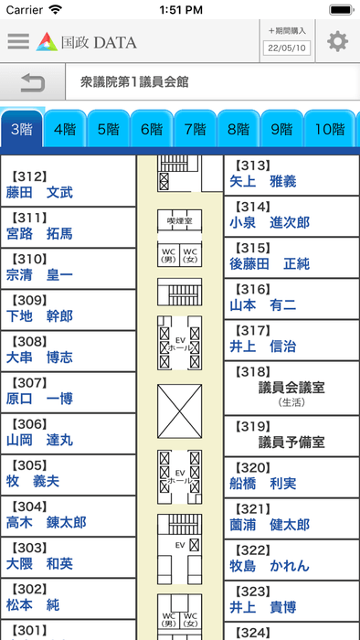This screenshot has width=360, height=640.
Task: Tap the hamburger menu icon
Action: point(17,41)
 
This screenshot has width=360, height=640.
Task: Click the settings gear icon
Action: point(338,41)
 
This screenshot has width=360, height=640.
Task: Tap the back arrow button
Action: point(32,83)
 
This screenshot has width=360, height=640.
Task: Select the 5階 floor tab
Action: point(109,129)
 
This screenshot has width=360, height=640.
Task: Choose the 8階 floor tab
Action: point(238,129)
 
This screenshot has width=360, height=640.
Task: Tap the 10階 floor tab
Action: point(328,129)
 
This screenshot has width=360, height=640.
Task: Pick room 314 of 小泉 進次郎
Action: point(291,215)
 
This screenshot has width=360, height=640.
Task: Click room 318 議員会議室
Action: point(291,379)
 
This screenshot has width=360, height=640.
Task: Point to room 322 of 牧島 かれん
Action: point(291,558)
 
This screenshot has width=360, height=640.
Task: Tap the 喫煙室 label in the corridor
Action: point(178,221)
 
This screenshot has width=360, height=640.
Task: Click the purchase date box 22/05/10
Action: point(288,48)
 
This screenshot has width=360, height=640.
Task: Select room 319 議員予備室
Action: point(291,434)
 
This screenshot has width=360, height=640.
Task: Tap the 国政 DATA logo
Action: point(87,41)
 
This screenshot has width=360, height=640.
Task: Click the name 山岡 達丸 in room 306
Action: point(40,440)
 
